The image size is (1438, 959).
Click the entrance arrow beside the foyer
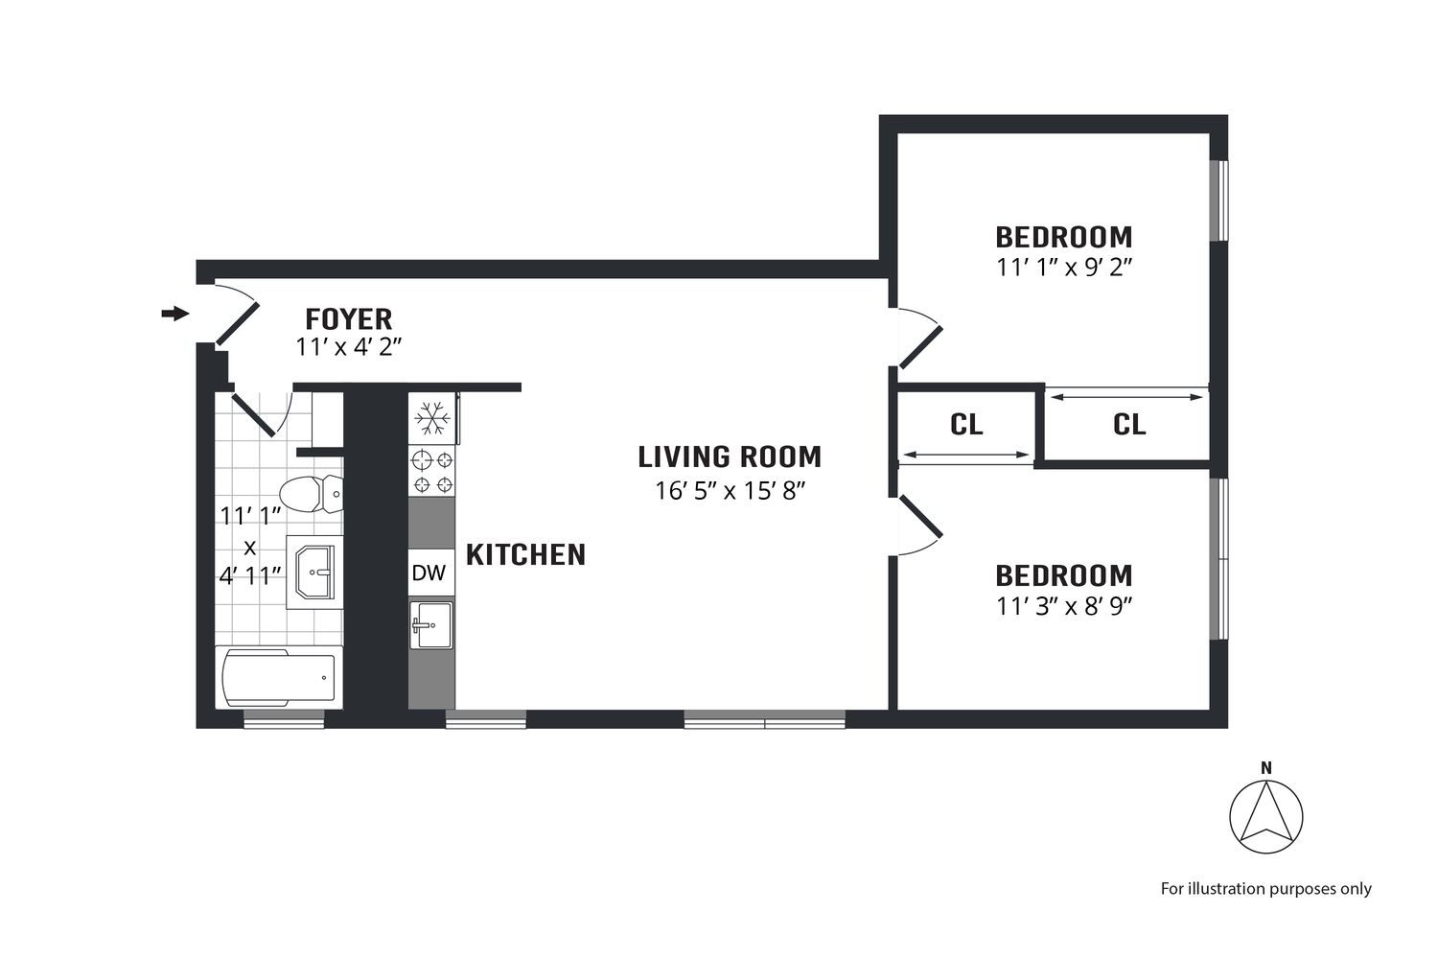pos(174,314)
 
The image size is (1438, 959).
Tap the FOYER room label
pos(348,318)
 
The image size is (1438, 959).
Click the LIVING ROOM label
pos(730,456)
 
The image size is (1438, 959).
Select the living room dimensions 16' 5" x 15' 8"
pos(730,491)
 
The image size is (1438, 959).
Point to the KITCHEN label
pos(525,554)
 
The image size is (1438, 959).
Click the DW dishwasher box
pos(429,573)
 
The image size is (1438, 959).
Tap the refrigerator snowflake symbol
pos(431,418)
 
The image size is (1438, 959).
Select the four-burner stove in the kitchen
pos(431,472)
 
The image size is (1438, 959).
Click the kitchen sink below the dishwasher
pos(430,625)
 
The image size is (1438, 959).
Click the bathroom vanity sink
pos(314,573)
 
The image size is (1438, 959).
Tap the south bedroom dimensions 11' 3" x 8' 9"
pos(1064,606)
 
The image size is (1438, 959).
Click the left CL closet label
pos(966,424)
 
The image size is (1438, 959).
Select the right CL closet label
pos(1129,424)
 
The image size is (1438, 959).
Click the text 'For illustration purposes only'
pos(1265,889)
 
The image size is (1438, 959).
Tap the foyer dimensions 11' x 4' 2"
pos(348,347)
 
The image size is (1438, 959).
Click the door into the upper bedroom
pos(918,340)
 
